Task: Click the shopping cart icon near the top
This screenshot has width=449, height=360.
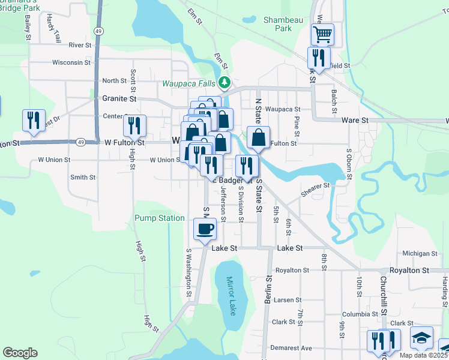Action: coord(322,34)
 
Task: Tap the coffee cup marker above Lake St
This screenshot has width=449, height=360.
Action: coord(205,228)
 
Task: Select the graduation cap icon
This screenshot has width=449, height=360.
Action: coord(421,337)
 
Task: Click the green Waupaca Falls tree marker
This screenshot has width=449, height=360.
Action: coord(224,82)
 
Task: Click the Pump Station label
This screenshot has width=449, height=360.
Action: coord(159,218)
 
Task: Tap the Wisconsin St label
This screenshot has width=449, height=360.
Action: coord(71,62)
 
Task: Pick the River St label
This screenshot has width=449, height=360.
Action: coord(80,45)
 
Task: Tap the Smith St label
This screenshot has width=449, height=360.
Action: coord(83,177)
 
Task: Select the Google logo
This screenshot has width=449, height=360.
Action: coord(20,353)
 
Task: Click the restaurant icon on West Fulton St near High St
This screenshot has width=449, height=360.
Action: coord(134,125)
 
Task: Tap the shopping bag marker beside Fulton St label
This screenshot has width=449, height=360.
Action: coord(258,137)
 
